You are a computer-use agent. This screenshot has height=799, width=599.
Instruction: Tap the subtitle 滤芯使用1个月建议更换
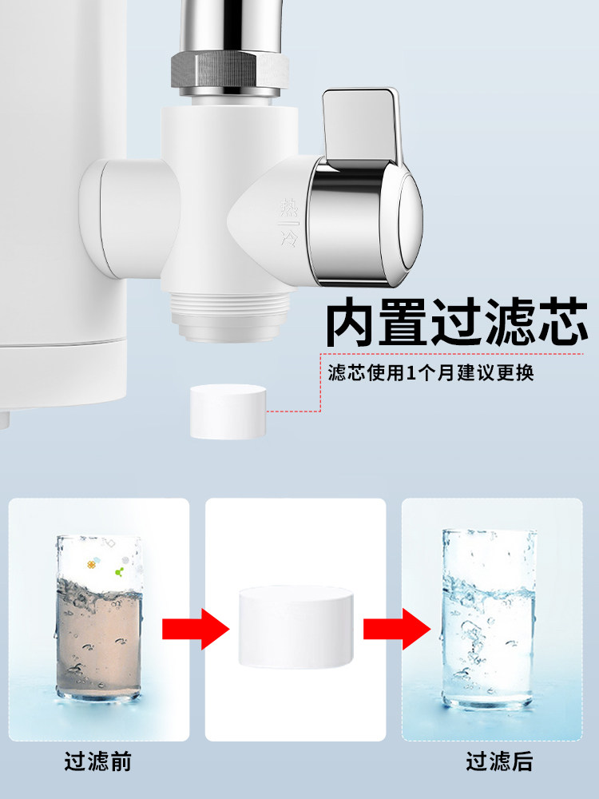(430, 373)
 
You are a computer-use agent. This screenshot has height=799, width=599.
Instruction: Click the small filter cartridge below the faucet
(228, 411)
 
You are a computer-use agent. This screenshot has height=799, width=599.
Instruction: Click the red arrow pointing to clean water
(397, 630)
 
